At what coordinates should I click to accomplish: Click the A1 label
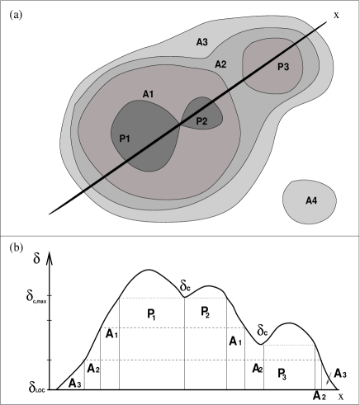[148, 94]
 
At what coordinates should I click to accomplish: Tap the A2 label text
[220, 64]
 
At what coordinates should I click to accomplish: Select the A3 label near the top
[201, 42]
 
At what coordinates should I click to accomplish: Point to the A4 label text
[311, 200]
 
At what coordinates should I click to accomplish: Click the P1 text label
[125, 139]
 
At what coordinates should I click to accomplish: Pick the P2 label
[201, 122]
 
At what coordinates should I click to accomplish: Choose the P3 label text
[283, 67]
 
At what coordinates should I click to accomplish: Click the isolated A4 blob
[310, 202]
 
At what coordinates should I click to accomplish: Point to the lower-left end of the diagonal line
[83, 191]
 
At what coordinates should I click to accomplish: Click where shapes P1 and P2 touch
[182, 123]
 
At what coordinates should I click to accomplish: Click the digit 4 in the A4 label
[315, 200]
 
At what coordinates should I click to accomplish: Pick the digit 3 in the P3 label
[287, 67]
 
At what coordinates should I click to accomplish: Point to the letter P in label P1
[122, 139]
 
